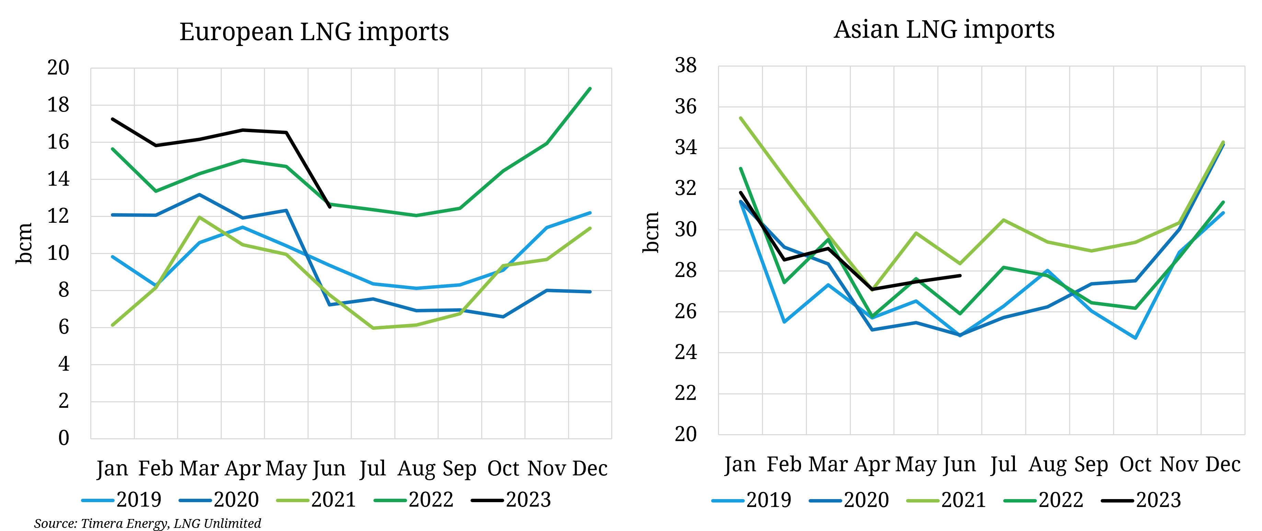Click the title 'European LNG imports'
314,32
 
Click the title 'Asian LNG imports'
944,30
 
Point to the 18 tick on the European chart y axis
58,105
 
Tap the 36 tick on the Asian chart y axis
685,107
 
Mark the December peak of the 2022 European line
590,89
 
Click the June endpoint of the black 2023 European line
330,207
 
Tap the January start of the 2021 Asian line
740,118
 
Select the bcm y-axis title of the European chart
24,243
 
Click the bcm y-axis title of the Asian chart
651,233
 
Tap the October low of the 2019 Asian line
1135,338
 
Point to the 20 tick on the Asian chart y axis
685,434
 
